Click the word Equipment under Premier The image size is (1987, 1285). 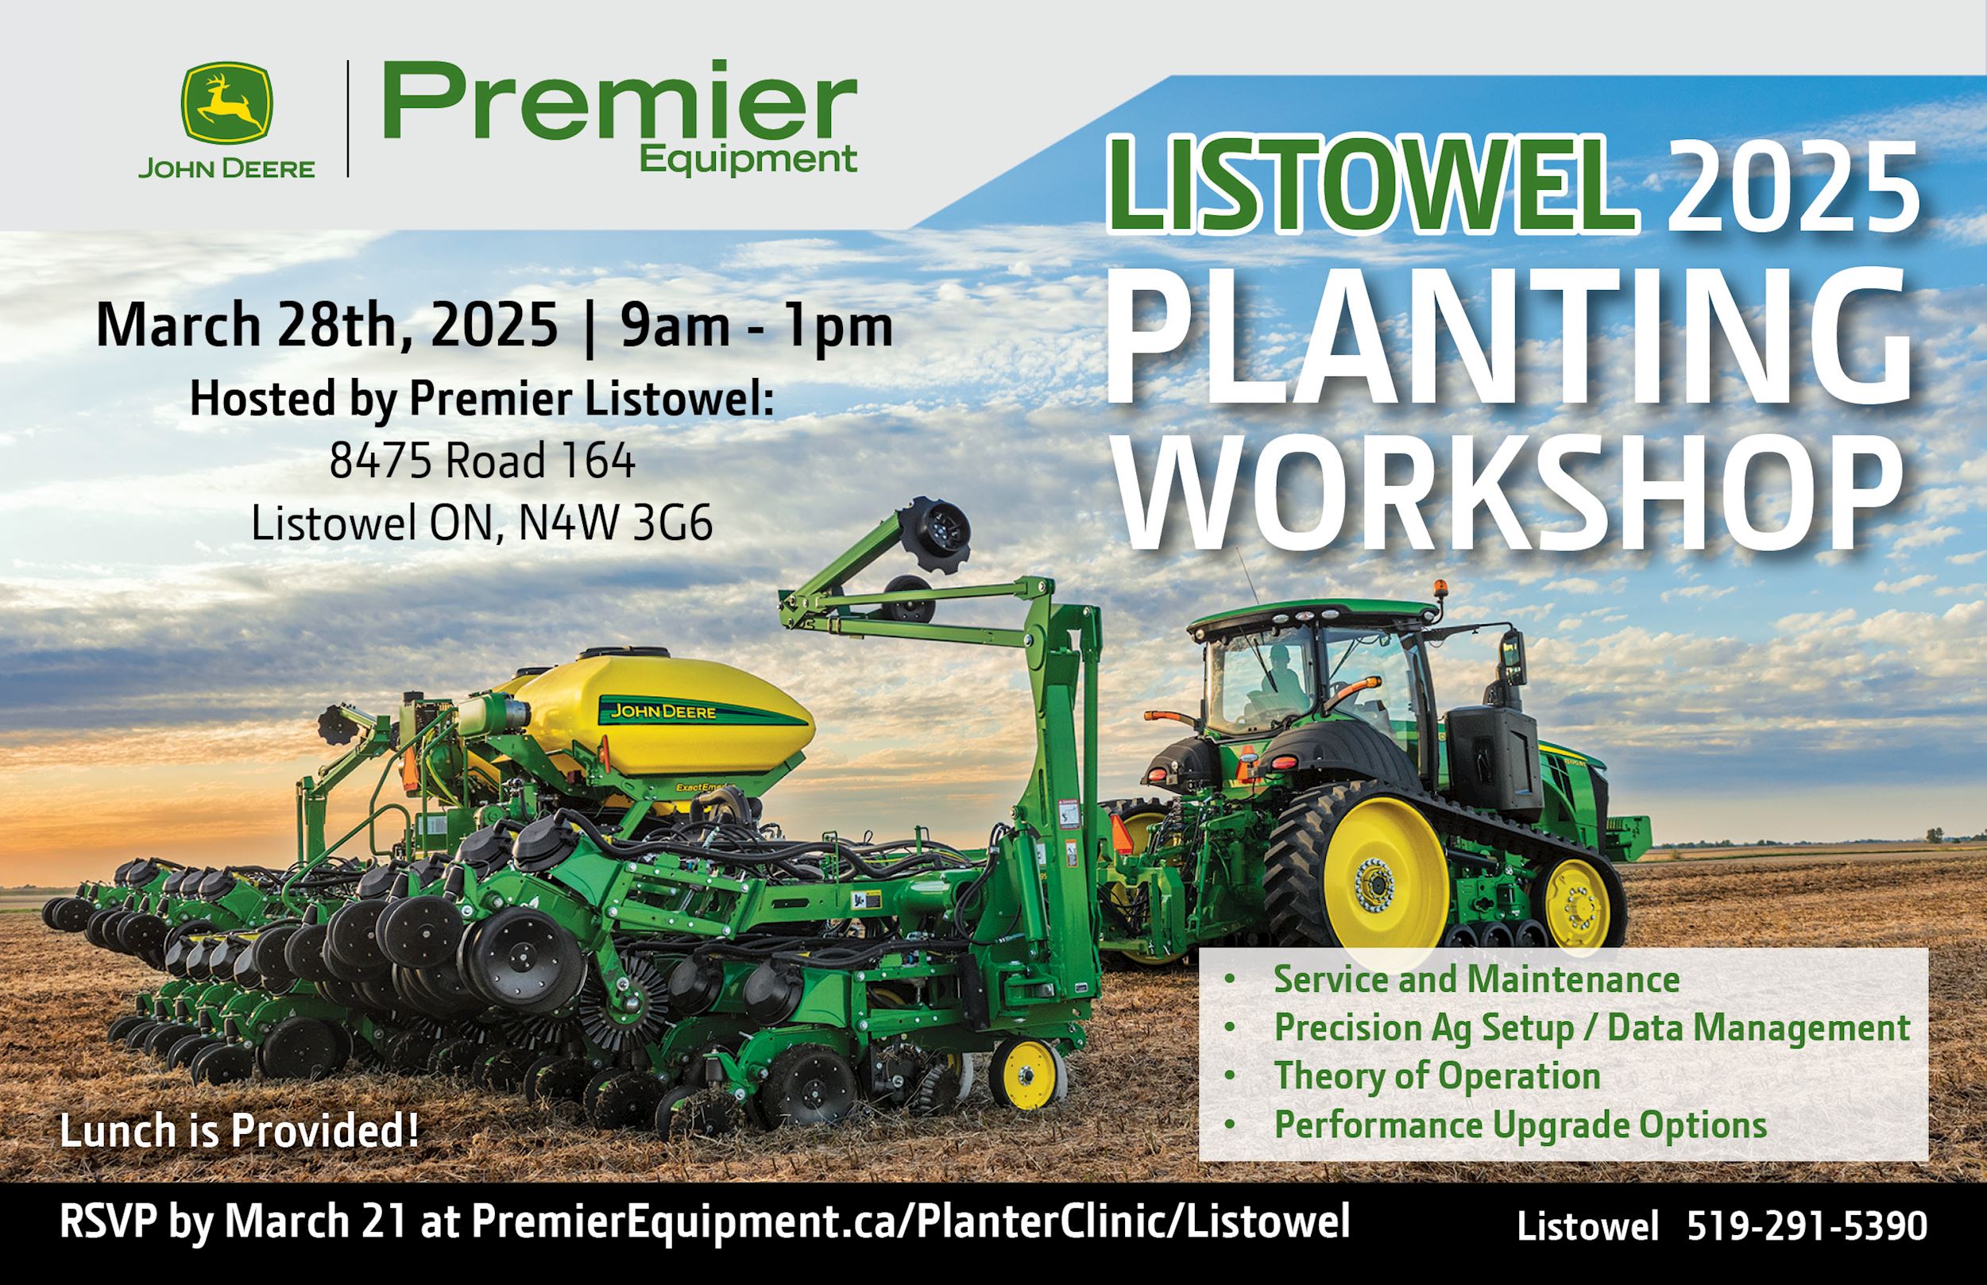click(x=748, y=159)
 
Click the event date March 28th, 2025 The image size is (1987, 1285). click(x=327, y=326)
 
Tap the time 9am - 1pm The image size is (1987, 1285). click(x=756, y=326)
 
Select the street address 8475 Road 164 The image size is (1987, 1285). click(x=481, y=461)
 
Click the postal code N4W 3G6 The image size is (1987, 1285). click(x=616, y=524)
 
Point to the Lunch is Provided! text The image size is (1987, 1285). click(x=239, y=1132)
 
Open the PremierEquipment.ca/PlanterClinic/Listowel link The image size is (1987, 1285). click(x=910, y=1222)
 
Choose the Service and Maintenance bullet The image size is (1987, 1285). click(x=1476, y=978)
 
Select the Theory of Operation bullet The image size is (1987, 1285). click(x=1437, y=1075)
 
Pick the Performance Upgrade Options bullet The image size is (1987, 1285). click(x=1520, y=1125)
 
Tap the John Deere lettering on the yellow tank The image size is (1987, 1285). click(x=663, y=712)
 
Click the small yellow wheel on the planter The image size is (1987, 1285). click(x=1028, y=1075)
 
